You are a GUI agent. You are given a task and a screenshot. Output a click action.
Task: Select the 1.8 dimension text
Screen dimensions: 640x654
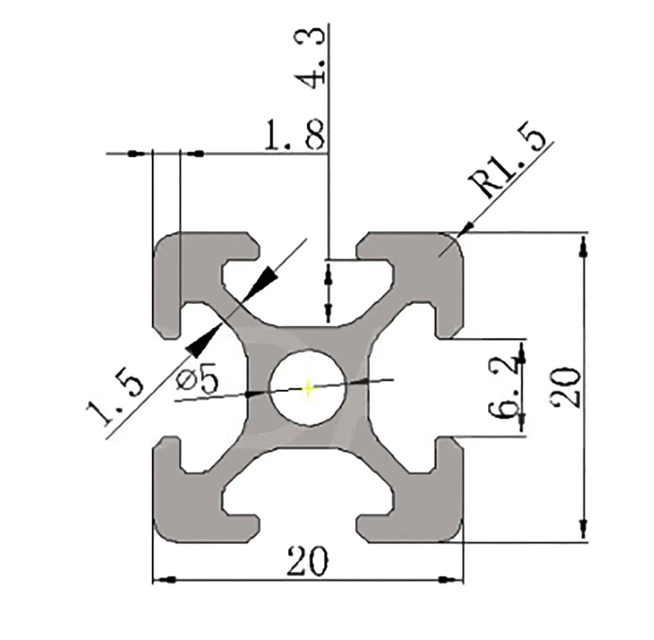pos(295,135)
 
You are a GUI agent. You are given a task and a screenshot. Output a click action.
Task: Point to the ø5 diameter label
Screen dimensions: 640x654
pos(197,378)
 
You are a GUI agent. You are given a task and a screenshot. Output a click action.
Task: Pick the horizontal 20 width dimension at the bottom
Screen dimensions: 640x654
pos(307,562)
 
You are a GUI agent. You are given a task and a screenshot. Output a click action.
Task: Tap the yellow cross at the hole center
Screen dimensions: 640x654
pos(308,387)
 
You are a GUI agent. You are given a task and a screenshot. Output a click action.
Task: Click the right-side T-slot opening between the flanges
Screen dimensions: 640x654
pos(454,387)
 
